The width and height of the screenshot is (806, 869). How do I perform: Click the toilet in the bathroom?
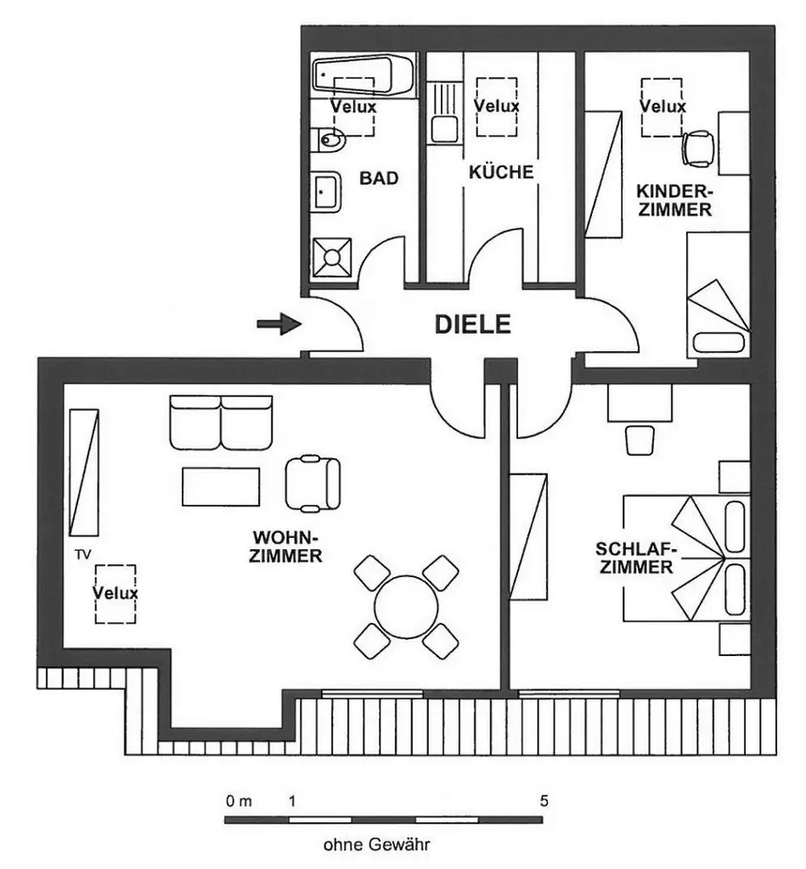coord(331,137)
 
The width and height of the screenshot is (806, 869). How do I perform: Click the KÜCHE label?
coord(501,172)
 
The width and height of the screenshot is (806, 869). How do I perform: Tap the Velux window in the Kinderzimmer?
coord(663,106)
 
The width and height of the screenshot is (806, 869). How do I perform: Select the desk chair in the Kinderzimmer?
coord(699,148)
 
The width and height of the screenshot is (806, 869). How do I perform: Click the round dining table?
coord(406,606)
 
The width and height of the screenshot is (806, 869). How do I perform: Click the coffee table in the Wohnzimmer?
coord(221,486)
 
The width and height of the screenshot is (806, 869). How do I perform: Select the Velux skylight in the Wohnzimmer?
coord(115,594)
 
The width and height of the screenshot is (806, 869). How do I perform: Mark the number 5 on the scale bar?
coord(544,800)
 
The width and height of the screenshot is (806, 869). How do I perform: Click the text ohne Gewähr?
coord(376,844)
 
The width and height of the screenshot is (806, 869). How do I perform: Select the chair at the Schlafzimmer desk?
coord(639,438)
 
